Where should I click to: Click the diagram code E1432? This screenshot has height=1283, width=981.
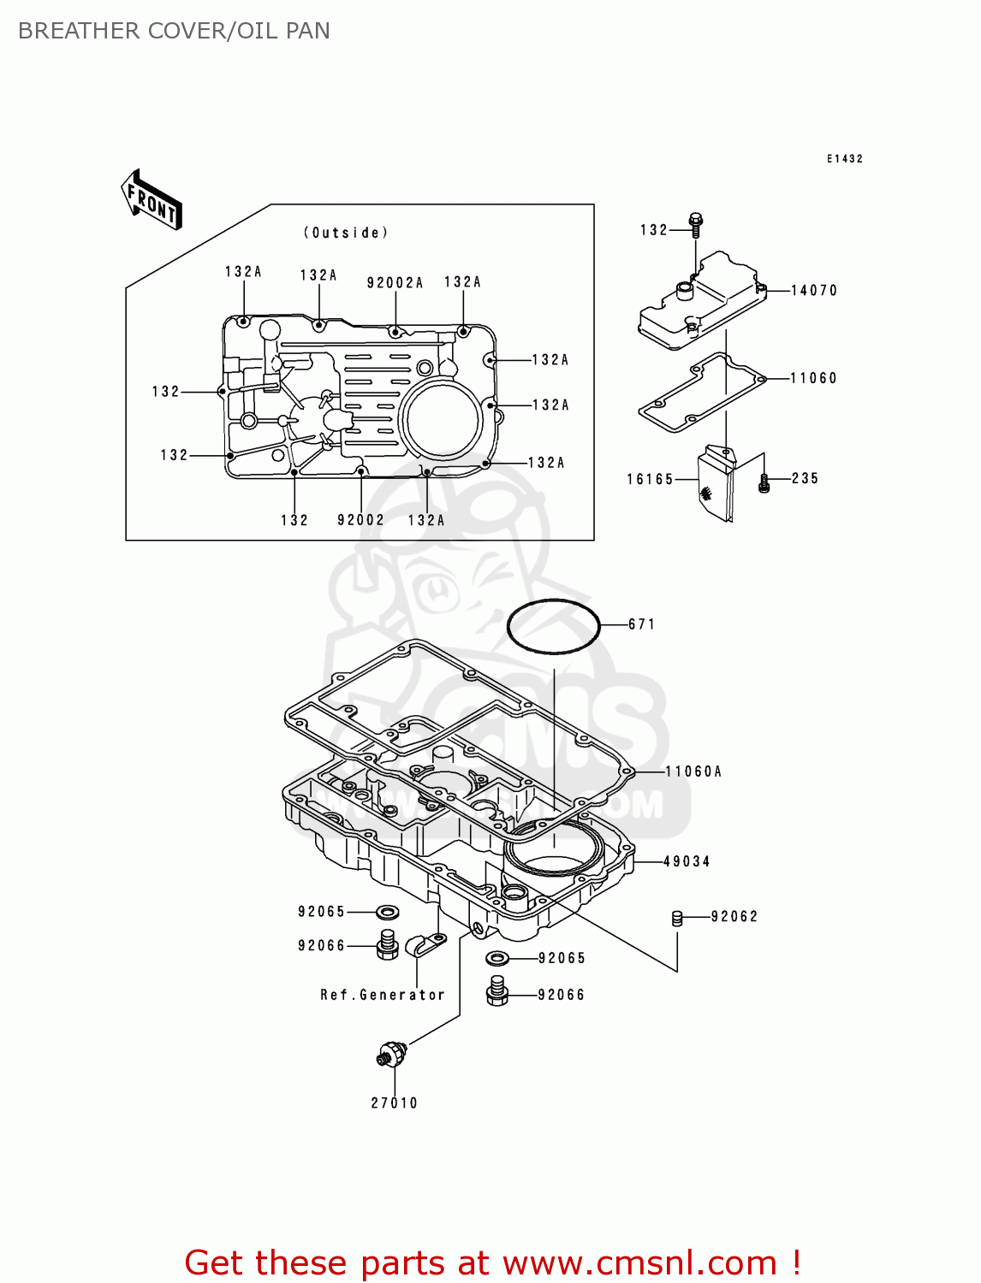coord(844,159)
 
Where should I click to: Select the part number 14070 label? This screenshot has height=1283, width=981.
coord(813,291)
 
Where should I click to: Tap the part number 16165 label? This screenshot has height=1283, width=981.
coord(650,480)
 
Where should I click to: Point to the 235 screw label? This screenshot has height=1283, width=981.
coord(805,479)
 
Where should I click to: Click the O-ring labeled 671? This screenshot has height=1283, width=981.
coord(553,626)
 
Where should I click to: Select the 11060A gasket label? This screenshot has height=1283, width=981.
coord(693,772)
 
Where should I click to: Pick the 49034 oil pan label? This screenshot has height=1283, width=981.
coord(687,861)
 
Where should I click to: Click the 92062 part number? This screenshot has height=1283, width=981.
coord(734,917)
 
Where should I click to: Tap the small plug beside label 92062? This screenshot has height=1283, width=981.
coord(677,919)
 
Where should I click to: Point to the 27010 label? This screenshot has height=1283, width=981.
coord(394,1103)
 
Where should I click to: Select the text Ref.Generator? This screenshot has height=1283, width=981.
coord(383,995)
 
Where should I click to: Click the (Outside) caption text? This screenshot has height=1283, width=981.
coord(346,233)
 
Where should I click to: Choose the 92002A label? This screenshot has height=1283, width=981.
coord(395,283)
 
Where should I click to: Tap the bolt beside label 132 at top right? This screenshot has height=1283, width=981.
coord(695,225)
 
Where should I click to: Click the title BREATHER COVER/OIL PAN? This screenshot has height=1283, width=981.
coord(174,31)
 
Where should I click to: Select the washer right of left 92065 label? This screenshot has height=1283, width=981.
coord(387,913)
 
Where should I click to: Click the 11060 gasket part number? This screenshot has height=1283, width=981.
coord(813,378)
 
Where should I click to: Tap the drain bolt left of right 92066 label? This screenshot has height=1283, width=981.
coord(497,992)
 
